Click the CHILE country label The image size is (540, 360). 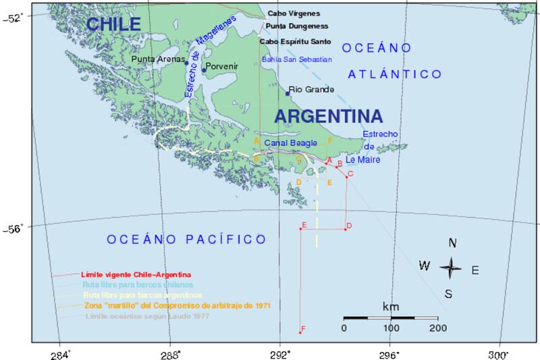tap(113, 24)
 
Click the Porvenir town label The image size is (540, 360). tap(222, 68)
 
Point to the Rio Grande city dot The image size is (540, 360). tap(288, 93)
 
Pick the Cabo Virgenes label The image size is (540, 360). tap(294, 13)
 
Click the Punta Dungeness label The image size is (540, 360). tap(297, 26)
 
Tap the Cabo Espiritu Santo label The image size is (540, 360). tap(296, 41)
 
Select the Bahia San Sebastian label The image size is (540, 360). tap(296, 59)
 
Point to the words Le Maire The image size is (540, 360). tap(363, 161)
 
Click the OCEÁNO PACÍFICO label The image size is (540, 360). tap(186, 239)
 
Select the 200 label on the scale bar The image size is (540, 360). tap(437, 328)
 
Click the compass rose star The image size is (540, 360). tap(451, 268)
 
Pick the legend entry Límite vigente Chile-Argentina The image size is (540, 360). tap(136, 275)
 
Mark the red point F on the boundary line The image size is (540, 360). tap(300, 332)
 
